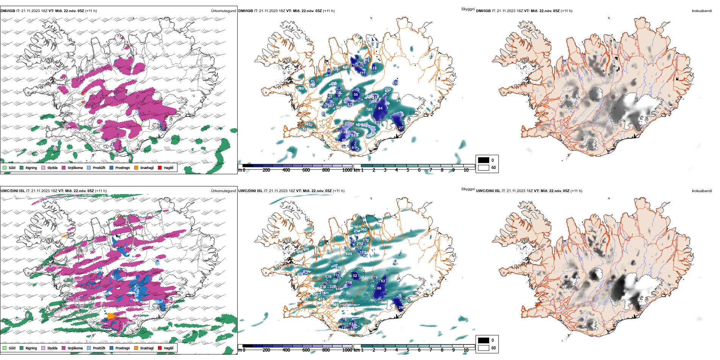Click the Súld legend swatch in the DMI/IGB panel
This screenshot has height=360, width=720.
(x=5, y=167)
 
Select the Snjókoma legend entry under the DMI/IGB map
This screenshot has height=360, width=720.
(x=75, y=168)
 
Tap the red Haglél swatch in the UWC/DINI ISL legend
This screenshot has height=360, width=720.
(x=160, y=347)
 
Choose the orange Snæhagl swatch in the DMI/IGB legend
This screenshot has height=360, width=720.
(x=136, y=167)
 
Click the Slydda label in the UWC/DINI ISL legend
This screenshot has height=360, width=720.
(x=52, y=348)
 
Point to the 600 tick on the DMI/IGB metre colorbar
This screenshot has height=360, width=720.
(x=306, y=170)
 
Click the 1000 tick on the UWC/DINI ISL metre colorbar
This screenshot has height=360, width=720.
(x=347, y=350)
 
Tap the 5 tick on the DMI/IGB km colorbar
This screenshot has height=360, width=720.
(x=408, y=170)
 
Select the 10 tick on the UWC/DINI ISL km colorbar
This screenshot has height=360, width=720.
(x=466, y=350)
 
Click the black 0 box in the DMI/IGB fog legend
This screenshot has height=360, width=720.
(x=484, y=160)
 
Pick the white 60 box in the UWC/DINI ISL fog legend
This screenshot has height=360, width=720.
(x=484, y=348)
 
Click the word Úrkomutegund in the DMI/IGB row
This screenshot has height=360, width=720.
(x=223, y=11)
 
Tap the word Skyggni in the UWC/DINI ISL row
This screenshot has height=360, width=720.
(x=468, y=189)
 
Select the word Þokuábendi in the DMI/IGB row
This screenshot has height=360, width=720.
(x=702, y=11)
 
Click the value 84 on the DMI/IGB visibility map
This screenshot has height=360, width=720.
(x=380, y=108)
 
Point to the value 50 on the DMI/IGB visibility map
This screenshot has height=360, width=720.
(x=355, y=95)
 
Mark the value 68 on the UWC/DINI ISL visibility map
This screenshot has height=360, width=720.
(x=379, y=288)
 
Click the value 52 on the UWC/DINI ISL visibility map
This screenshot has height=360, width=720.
(x=355, y=276)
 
